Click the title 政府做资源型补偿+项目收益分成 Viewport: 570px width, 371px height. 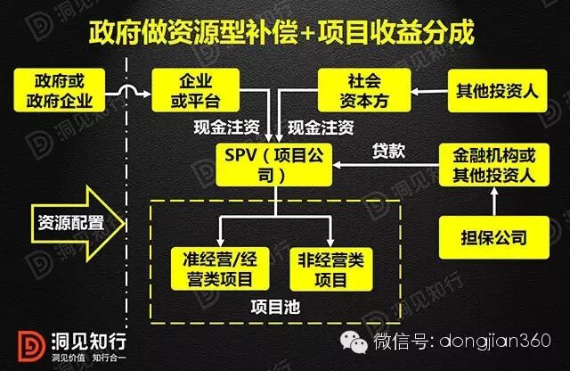pyautogui.click(x=282, y=34)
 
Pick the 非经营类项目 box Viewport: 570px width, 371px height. pyautogui.click(x=330, y=268)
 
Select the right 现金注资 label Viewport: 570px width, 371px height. pyautogui.click(x=321, y=127)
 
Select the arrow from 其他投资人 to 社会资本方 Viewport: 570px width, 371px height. pyautogui.click(x=425, y=88)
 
